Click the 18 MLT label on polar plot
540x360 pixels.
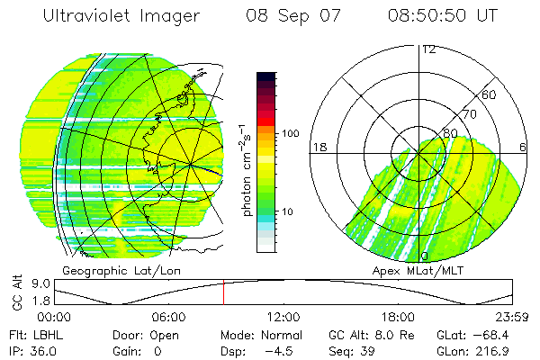pos(318,147)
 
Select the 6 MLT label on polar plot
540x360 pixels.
pos(523,147)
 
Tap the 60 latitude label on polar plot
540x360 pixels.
pos(490,94)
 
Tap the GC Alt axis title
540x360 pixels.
pos(15,293)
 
